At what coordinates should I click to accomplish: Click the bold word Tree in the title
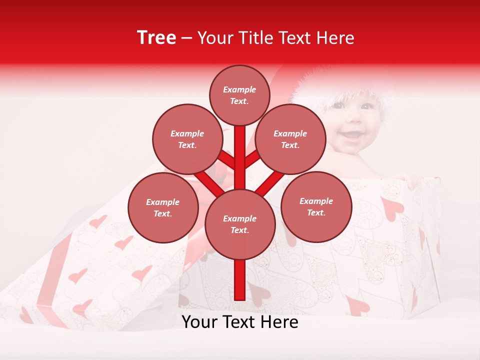pos(156,38)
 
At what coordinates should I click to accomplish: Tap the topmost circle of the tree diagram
pos(239,95)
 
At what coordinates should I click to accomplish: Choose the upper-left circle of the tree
pos(187,139)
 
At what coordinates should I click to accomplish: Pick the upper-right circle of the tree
pos(290,139)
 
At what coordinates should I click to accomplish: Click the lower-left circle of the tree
pos(163,207)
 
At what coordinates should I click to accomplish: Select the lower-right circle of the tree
pos(316,206)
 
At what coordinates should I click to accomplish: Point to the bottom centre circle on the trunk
pos(240,224)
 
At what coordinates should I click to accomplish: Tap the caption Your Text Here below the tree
pos(240,322)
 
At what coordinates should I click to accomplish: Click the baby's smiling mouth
pos(352,133)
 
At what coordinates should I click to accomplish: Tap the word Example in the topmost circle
pos(239,90)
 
